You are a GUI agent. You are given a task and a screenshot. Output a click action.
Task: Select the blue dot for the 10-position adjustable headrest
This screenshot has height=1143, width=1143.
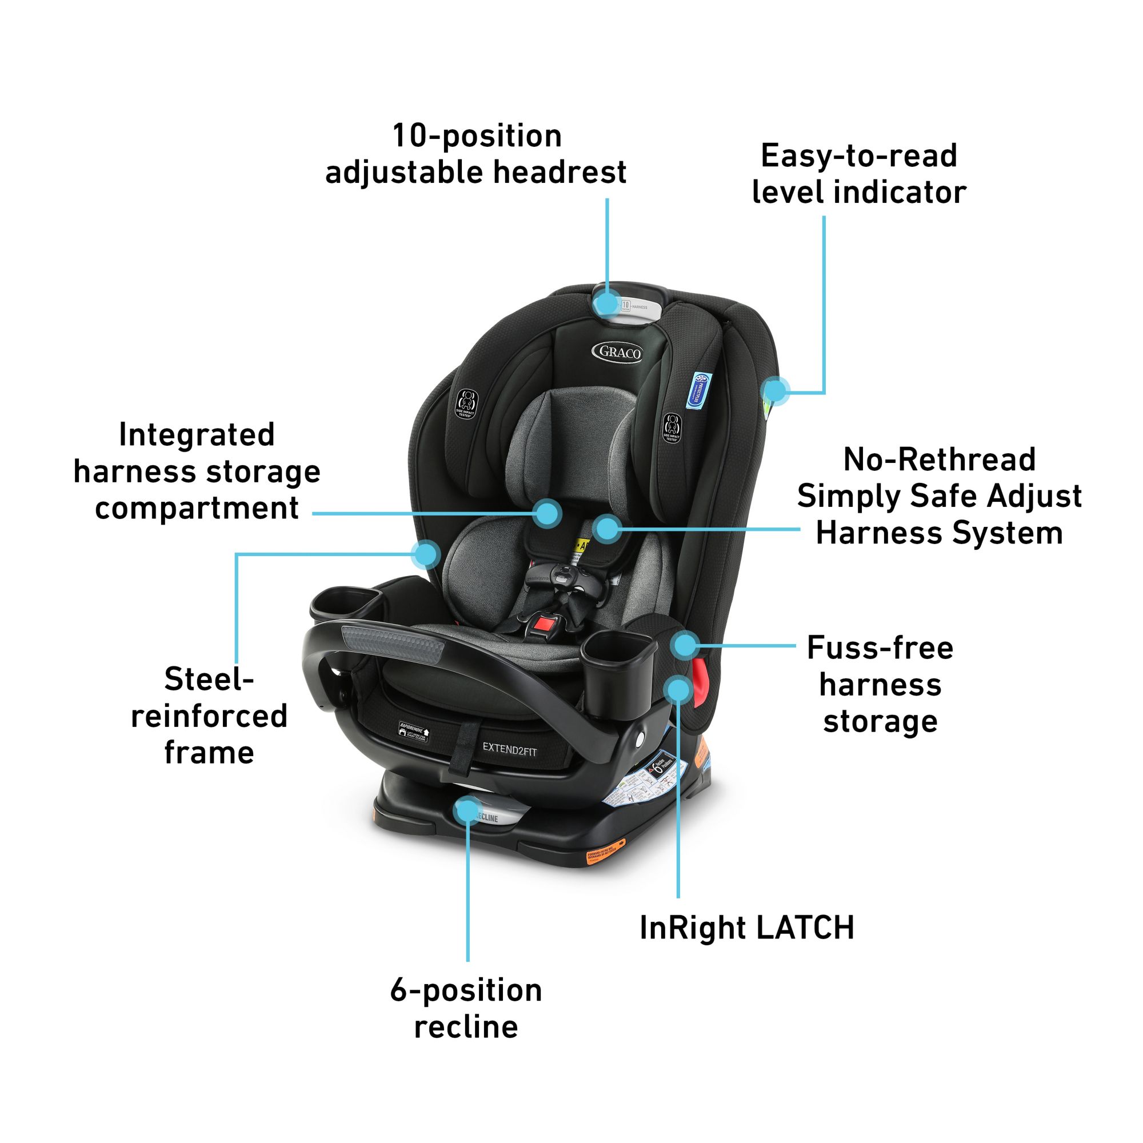coord(606,303)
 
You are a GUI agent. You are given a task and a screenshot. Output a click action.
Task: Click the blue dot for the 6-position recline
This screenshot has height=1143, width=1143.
coord(467,809)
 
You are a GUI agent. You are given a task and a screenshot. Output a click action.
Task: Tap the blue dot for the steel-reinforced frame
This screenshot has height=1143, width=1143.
coord(425,554)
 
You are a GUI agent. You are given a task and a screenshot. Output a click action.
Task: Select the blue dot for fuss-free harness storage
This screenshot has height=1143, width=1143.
coord(685,644)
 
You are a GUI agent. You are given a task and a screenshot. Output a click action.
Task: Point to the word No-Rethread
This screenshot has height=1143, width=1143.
coord(939,459)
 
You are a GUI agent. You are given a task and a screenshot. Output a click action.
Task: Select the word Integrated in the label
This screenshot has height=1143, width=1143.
coord(197,435)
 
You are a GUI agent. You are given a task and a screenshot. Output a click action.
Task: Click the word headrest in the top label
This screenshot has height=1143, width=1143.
coord(559,172)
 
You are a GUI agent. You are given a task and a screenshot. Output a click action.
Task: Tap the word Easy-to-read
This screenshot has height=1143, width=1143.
coord(859,155)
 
